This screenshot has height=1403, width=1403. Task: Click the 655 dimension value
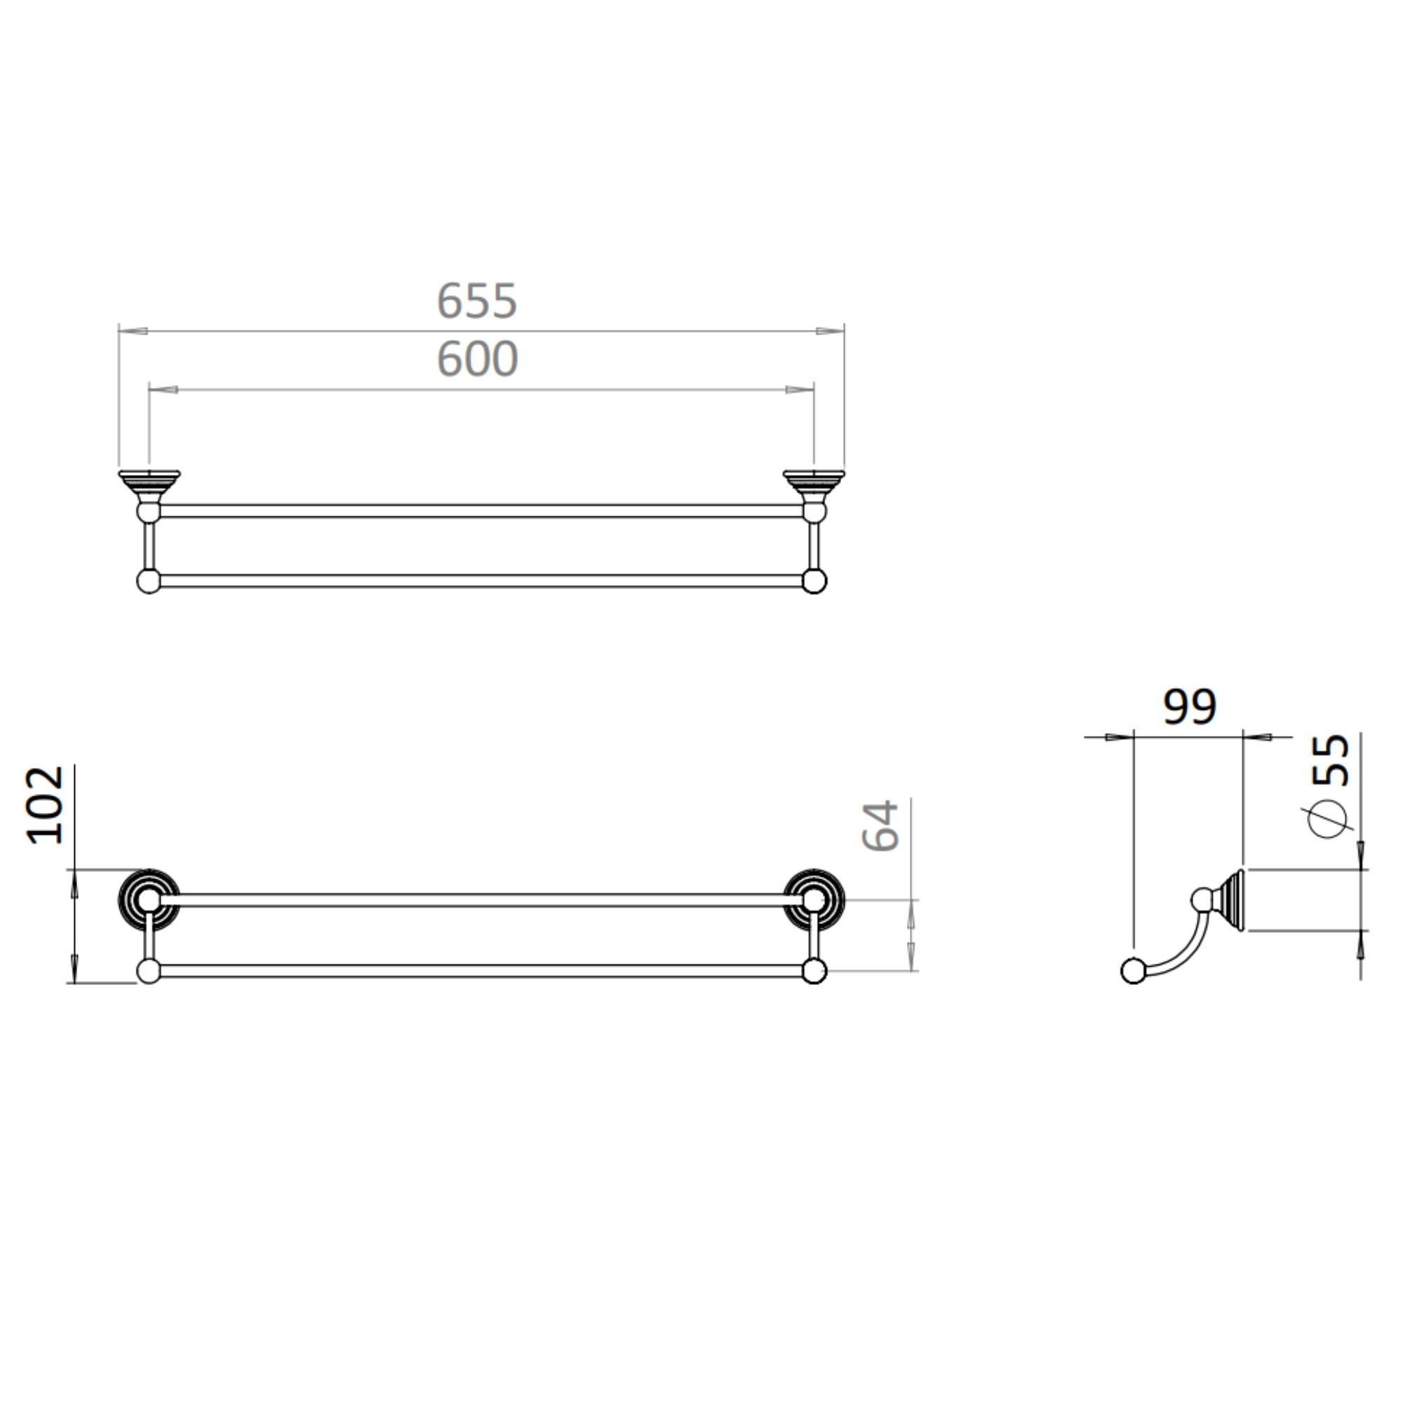(x=476, y=301)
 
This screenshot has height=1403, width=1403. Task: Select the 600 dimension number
(x=476, y=358)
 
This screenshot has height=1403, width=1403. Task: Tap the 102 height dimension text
(x=46, y=805)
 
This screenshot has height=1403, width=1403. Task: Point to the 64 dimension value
(x=880, y=826)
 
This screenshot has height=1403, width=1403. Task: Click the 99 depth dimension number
(x=1189, y=706)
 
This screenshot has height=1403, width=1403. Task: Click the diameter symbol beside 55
(x=1330, y=819)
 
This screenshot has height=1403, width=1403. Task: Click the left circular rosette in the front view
(x=149, y=899)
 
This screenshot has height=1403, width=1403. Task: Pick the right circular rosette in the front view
(x=814, y=899)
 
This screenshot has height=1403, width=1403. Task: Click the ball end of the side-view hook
(x=1133, y=971)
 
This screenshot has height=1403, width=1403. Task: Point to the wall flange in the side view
(x=1235, y=900)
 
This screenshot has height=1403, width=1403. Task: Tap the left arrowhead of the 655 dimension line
(x=133, y=331)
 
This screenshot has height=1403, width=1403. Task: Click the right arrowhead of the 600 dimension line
(x=800, y=390)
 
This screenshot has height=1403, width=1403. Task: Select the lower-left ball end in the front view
(x=149, y=971)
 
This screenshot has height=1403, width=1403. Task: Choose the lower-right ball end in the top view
(x=814, y=582)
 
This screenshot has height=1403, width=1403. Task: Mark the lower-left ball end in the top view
(x=149, y=582)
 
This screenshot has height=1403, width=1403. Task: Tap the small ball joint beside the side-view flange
(x=1202, y=900)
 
